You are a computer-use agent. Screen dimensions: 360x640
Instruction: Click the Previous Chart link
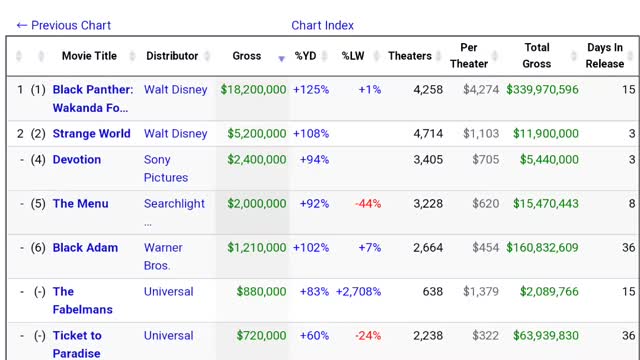coord(64,25)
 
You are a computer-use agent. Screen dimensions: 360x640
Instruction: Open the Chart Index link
coord(322,25)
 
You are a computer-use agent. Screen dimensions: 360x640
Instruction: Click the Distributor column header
coord(172,56)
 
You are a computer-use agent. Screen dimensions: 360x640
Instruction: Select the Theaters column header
coord(410,56)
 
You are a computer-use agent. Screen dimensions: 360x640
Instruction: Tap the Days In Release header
coord(605,56)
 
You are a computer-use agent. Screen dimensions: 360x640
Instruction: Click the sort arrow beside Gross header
coord(281,59)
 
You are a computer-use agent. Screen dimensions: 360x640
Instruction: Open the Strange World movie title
coord(92,134)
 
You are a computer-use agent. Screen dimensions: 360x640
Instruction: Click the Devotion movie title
coord(77,160)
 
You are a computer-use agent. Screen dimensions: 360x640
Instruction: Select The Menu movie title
coord(80,204)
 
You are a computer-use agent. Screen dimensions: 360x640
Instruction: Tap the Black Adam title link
coord(85,248)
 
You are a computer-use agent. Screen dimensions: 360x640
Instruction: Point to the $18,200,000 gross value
coord(253,90)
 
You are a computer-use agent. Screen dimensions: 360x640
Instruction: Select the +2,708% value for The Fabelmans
coord(358,292)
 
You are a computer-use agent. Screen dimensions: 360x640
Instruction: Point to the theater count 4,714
coord(427,134)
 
